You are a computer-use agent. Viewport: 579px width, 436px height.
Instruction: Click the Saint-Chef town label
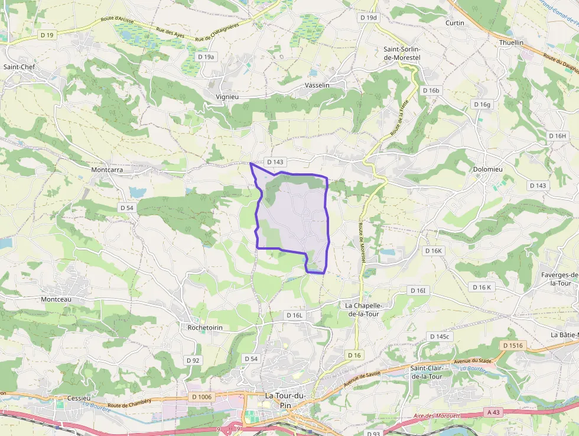pyautogui.click(x=19, y=67)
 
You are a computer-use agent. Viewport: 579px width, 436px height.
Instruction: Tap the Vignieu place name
pyautogui.click(x=227, y=96)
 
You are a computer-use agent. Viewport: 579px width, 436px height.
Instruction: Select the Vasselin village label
pyautogui.click(x=317, y=85)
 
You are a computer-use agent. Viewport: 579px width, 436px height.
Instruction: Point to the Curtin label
pyautogui.click(x=455, y=23)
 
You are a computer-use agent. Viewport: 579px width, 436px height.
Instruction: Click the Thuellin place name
pyautogui.click(x=511, y=43)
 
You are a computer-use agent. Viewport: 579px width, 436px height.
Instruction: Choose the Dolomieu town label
pyautogui.click(x=487, y=169)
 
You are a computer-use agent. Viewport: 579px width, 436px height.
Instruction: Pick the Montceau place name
pyautogui.click(x=56, y=299)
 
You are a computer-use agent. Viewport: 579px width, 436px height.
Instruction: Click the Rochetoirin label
pyautogui.click(x=204, y=327)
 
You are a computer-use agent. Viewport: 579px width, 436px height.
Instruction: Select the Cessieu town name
pyautogui.click(x=79, y=398)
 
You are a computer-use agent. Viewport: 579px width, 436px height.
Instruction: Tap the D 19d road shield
pyautogui.click(x=368, y=18)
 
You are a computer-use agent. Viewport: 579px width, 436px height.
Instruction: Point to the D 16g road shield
pyautogui.click(x=482, y=105)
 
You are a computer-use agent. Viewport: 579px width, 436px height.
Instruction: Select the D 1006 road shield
pyautogui.click(x=201, y=396)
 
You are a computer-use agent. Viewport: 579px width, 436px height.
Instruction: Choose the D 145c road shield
pyautogui.click(x=440, y=337)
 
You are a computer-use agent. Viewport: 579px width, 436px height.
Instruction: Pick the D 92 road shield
pyautogui.click(x=193, y=360)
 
